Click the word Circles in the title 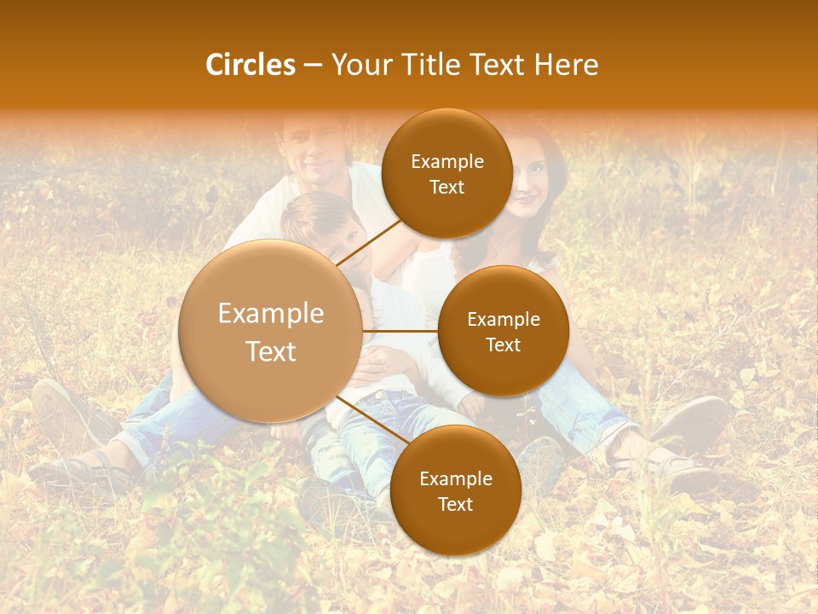click(250, 65)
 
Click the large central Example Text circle click(270, 331)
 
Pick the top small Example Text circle click(446, 173)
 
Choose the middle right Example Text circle click(503, 331)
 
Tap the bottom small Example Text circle click(455, 490)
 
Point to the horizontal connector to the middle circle click(400, 331)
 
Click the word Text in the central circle click(271, 351)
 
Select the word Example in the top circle click(447, 161)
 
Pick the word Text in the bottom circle click(455, 504)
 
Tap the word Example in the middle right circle click(504, 319)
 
